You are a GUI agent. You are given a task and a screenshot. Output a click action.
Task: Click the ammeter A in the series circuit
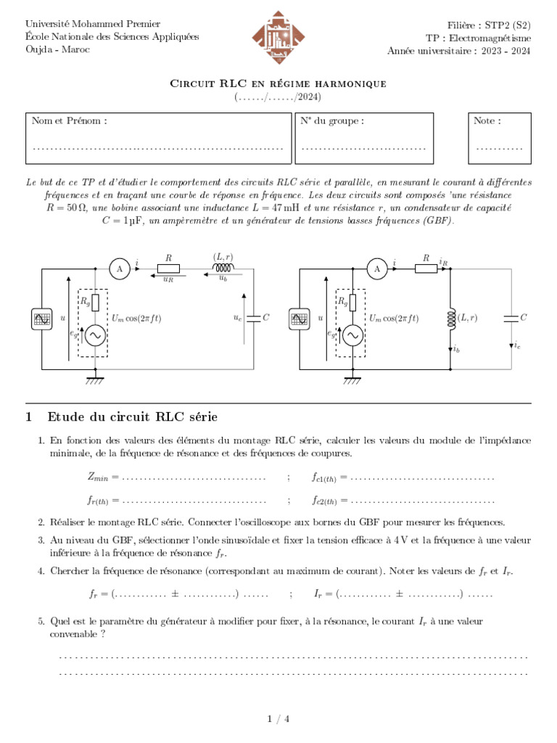click(119, 269)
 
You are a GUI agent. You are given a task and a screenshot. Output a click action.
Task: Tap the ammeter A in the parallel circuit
click(376, 269)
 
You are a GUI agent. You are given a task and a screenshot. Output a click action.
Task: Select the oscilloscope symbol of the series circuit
click(41, 318)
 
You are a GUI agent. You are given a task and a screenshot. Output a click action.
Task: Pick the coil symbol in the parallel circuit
click(451, 318)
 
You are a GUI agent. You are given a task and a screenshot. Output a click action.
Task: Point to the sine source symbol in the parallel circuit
click(353, 336)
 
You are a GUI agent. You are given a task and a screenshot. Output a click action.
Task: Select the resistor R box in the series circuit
click(168, 269)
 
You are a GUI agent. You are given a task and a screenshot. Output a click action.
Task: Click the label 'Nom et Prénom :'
click(70, 121)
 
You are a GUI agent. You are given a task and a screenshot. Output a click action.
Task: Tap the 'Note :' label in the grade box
click(487, 121)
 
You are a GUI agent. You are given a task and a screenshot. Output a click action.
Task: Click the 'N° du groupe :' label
click(331, 121)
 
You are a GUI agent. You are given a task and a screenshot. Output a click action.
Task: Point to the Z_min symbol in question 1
click(98, 477)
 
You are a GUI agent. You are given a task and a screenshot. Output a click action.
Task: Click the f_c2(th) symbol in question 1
click(324, 501)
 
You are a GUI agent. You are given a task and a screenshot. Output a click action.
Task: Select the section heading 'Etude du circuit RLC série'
click(132, 416)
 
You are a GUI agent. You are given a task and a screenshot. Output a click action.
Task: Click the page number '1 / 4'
click(278, 719)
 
